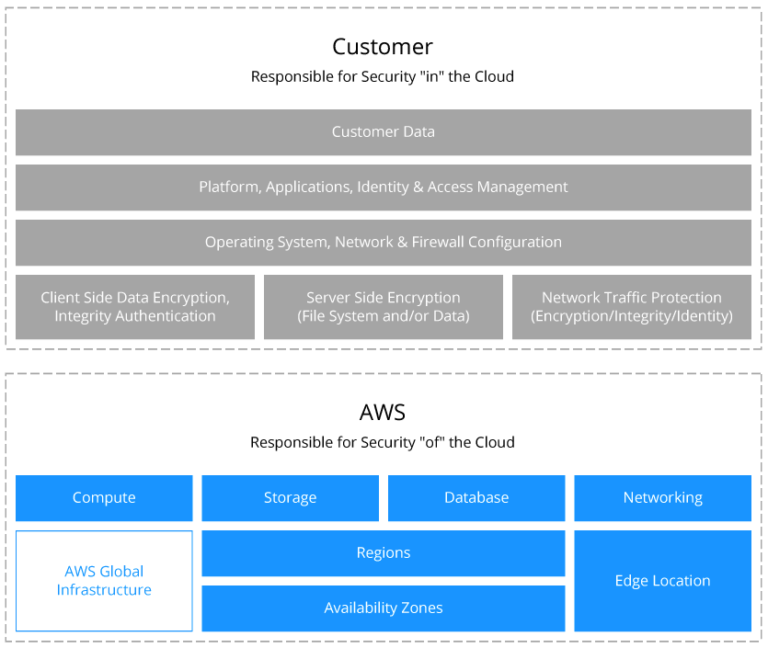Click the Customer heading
coord(383,46)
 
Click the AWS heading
coord(383,412)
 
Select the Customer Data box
coord(383,132)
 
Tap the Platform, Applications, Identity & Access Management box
coord(383,187)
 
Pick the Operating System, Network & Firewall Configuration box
coord(383,242)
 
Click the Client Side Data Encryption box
coord(135,307)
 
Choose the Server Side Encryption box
coord(383,307)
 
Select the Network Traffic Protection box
coord(631,307)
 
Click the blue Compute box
coord(104,498)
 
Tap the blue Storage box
coord(290,498)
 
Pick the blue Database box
coord(476,498)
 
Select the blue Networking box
coord(662,498)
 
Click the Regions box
coord(383,553)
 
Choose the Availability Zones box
coord(383,608)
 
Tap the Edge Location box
coord(662,581)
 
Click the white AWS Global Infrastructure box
coord(104,581)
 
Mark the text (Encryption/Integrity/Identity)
coord(631,316)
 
